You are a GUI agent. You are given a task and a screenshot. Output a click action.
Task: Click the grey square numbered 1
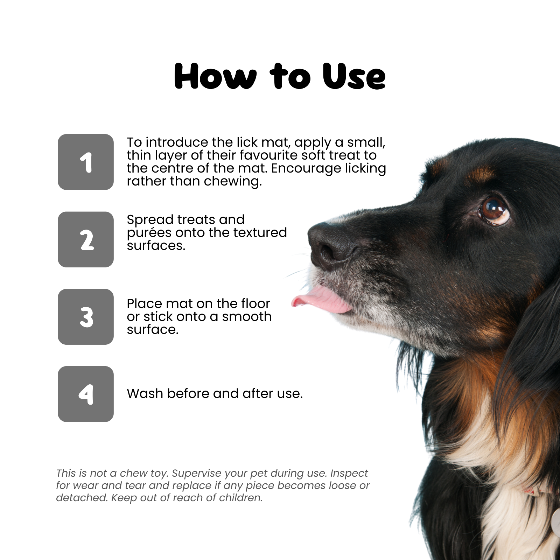click(86, 162)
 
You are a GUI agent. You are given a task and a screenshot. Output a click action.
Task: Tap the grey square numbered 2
click(86, 239)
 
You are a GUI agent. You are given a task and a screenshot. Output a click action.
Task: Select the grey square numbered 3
click(86, 317)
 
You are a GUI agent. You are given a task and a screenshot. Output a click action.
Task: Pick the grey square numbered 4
click(86, 394)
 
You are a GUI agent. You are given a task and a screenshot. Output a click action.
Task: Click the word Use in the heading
click(354, 76)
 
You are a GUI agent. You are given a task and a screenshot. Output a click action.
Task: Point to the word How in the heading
click(215, 76)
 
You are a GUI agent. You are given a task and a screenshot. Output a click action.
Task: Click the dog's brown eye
click(494, 210)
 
